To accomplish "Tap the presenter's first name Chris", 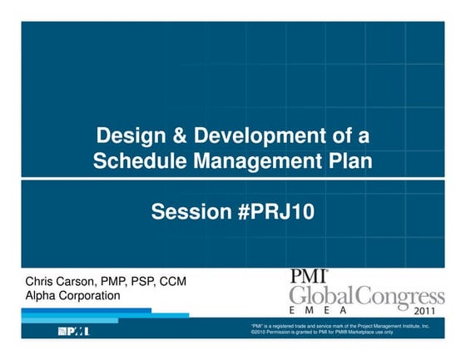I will pos(41,282).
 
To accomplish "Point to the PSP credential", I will pos(146,282).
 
